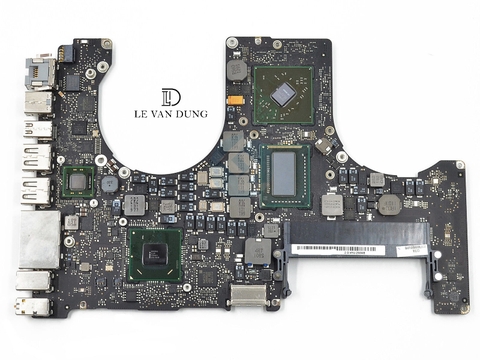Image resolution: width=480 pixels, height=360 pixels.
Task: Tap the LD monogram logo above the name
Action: click(x=171, y=97)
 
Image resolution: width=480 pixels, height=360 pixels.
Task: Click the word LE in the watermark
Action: click(x=139, y=114)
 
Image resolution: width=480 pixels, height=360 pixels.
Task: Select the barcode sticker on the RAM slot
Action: click(x=345, y=248)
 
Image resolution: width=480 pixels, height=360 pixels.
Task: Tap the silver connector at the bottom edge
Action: click(x=249, y=296)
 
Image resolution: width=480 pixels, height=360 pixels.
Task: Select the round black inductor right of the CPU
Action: click(x=389, y=204)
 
